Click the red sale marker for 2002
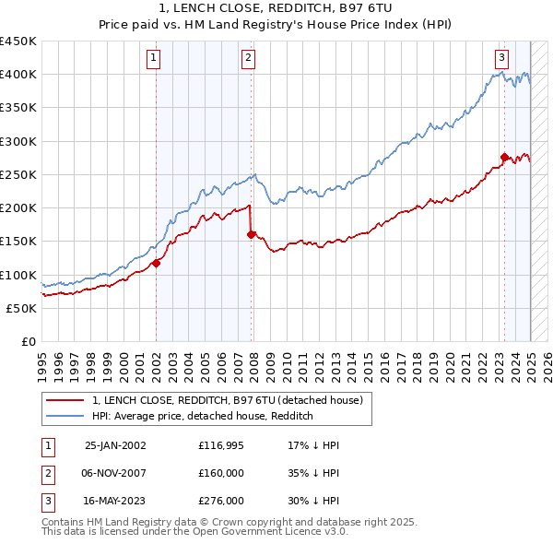click(157, 263)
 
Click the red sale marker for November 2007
click(252, 234)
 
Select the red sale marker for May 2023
click(504, 157)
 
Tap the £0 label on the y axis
click(29, 341)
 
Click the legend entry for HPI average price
click(203, 416)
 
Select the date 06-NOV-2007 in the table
click(114, 473)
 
